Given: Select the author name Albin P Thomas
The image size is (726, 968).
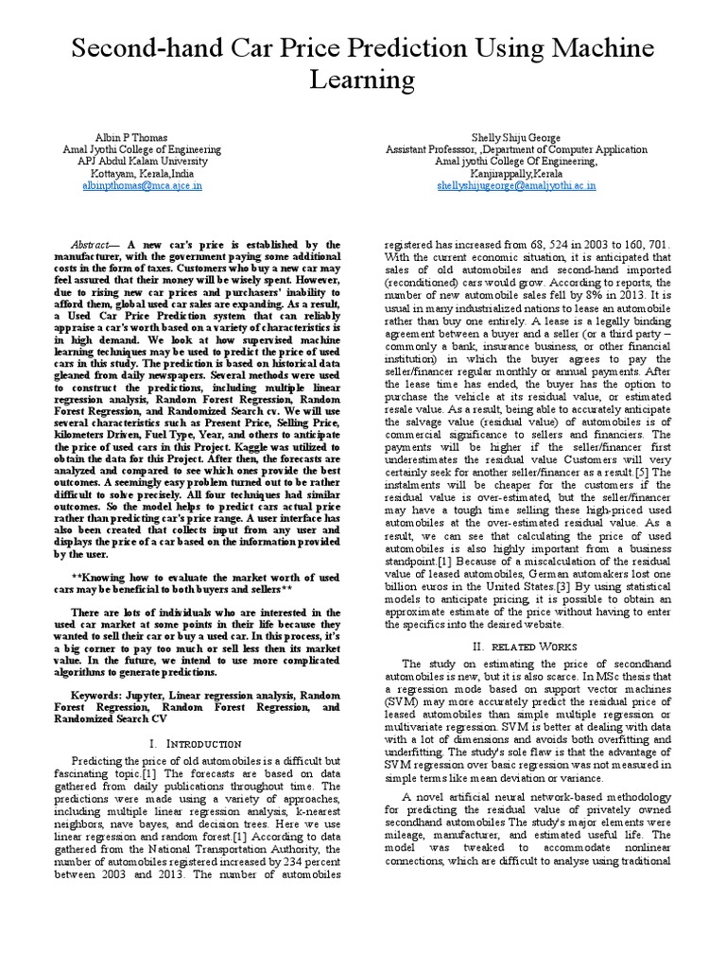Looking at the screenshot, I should (141, 136).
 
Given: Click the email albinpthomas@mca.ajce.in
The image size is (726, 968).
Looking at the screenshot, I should (141, 186).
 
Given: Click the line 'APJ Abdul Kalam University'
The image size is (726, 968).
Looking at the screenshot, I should (141, 162).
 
